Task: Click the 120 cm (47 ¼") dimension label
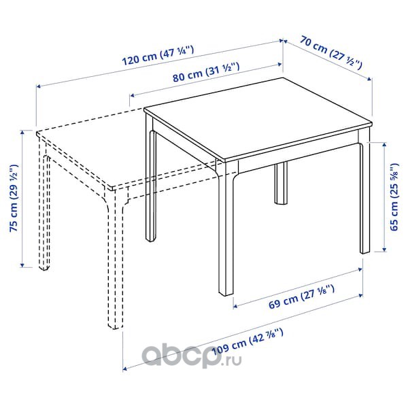tap(158, 56)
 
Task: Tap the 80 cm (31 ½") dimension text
tap(206, 73)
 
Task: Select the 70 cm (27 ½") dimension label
tap(331, 53)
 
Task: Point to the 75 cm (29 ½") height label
tap(14, 198)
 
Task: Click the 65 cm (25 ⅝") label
tap(394, 197)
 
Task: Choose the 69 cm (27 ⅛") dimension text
tap(301, 296)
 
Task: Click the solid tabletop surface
tap(258, 118)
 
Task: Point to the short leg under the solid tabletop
tap(281, 183)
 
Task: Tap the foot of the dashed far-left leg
tap(44, 267)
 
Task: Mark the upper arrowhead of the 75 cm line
tap(22, 132)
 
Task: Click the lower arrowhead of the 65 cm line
tap(384, 250)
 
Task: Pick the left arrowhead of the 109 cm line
tap(125, 369)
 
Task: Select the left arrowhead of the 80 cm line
tap(132, 95)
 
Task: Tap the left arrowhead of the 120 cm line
tap(38, 86)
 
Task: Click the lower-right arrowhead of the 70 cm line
tap(369, 79)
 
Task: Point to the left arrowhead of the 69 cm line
tap(235, 307)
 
